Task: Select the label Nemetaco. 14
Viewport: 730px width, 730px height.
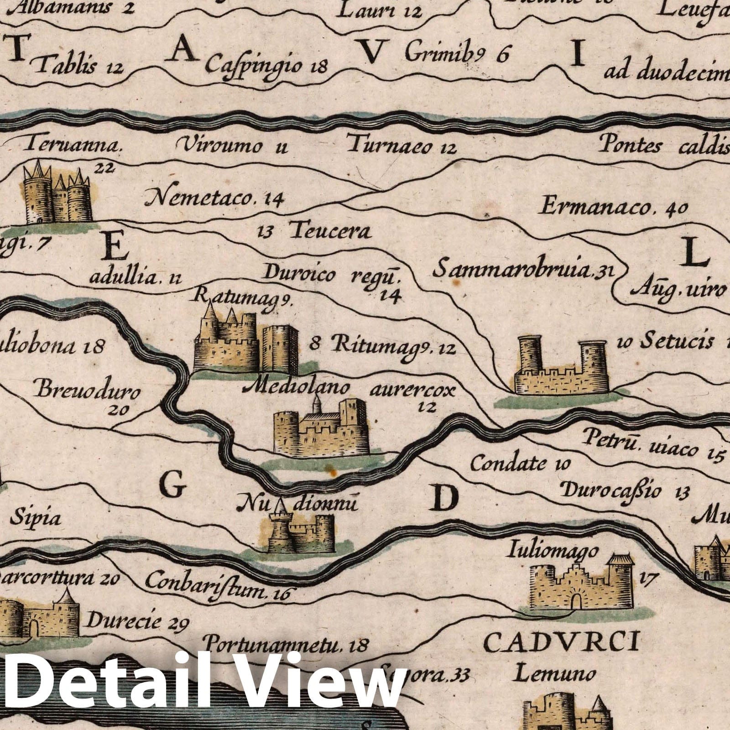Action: (214, 198)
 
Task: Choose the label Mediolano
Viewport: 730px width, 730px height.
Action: (297, 388)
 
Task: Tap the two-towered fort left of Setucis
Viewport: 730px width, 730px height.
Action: (561, 367)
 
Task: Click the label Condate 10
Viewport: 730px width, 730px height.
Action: (520, 464)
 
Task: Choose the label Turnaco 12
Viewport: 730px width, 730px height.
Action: (401, 146)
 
